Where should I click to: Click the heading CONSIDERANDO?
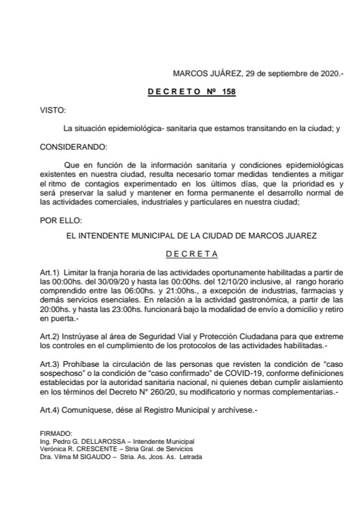coord(73,147)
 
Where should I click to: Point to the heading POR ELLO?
coord(60,219)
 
